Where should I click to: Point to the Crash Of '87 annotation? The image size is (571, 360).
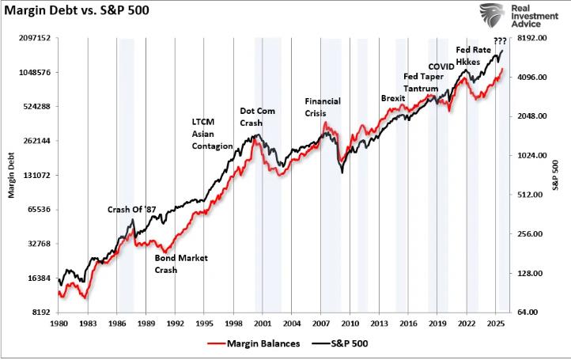[x=132, y=210]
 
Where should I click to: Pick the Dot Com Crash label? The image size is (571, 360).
[x=258, y=118]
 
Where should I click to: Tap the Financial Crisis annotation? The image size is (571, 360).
[x=323, y=108]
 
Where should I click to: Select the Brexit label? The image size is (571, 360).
[x=393, y=98]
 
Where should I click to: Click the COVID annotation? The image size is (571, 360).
[x=441, y=66]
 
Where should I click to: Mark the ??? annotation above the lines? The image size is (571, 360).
[x=499, y=41]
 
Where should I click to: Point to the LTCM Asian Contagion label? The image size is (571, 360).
[x=212, y=135]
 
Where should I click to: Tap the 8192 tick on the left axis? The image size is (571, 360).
[x=40, y=313]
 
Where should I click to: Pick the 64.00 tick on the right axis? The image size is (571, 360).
[x=528, y=313]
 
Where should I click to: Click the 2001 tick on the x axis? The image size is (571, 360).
[x=262, y=324]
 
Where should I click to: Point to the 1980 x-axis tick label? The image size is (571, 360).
[x=59, y=324]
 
